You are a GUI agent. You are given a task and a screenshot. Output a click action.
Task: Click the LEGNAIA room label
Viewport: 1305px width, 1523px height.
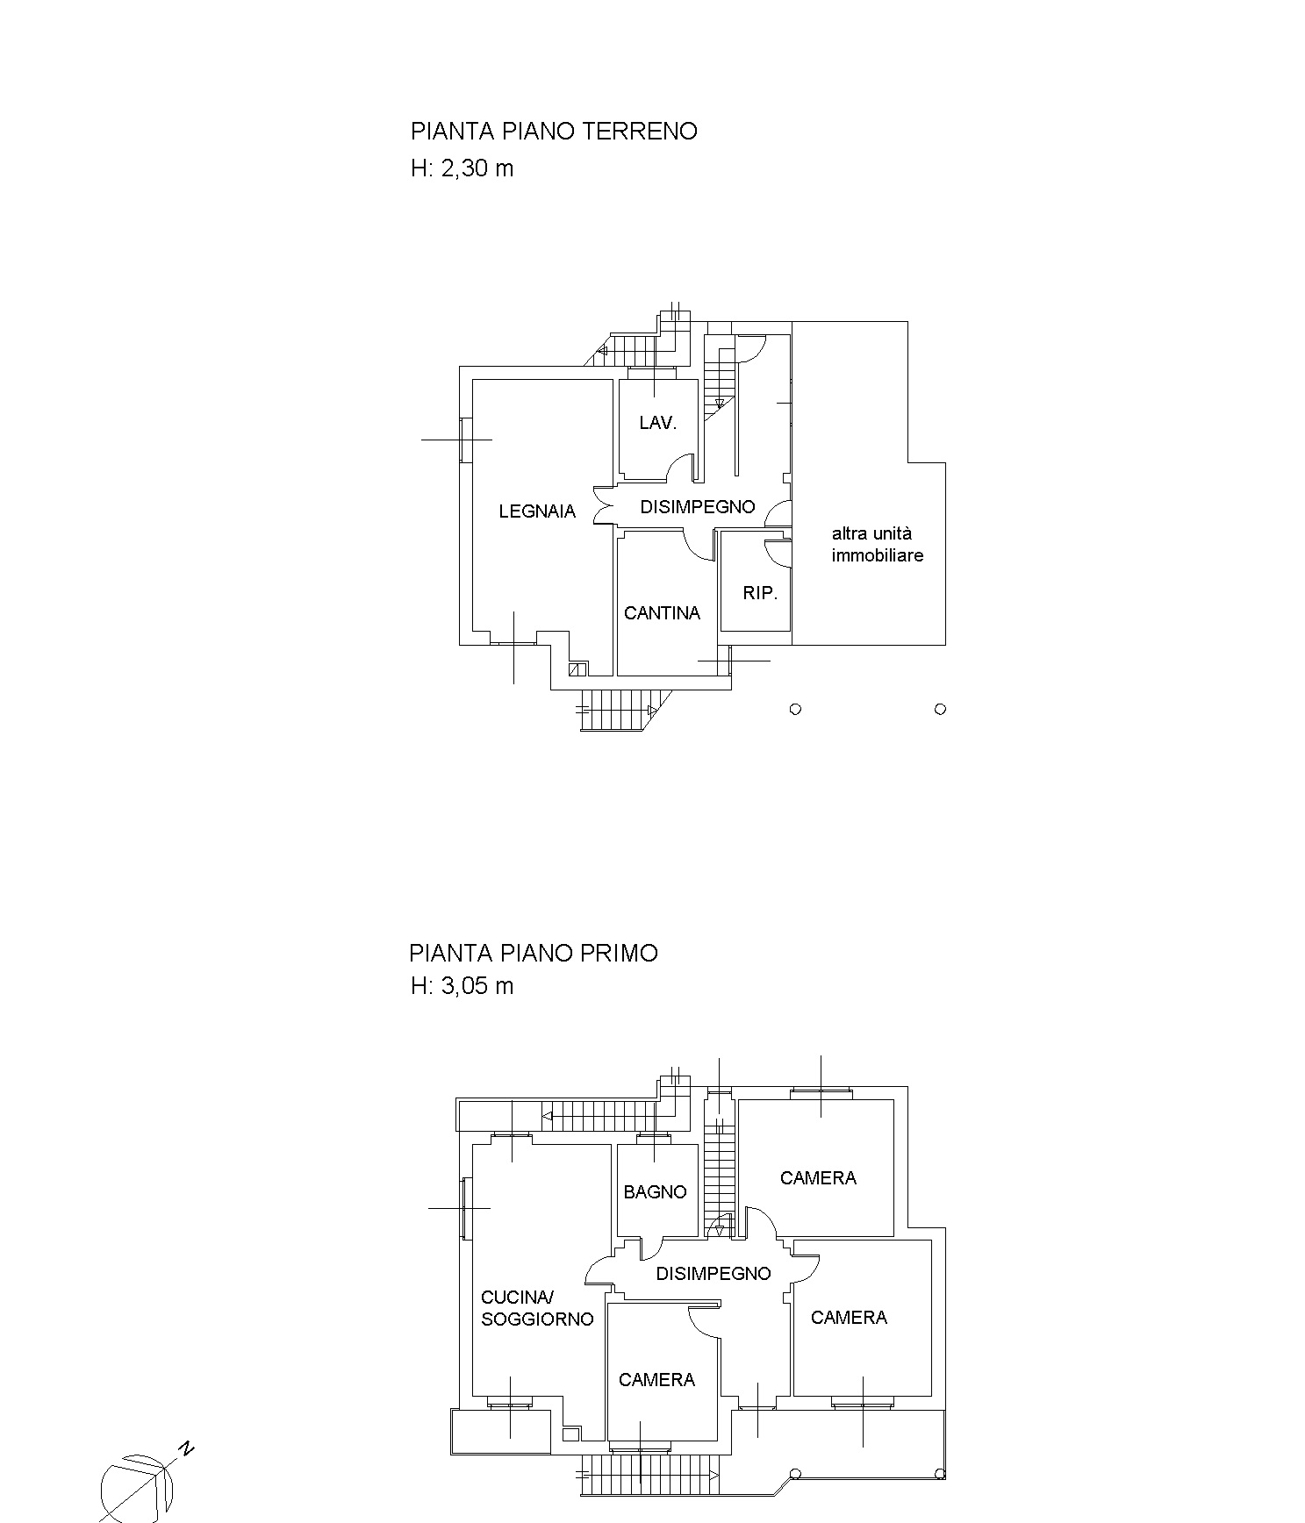pyautogui.click(x=537, y=511)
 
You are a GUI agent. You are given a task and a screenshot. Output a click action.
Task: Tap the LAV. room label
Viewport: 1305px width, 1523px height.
pyautogui.click(x=658, y=423)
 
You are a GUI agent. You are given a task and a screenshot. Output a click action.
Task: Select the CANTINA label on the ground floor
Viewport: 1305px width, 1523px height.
pyautogui.click(x=663, y=613)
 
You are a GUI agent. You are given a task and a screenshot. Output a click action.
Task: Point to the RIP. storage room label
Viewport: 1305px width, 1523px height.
pyautogui.click(x=760, y=593)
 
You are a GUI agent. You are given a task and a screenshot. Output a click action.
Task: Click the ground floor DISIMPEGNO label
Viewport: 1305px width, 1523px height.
pyautogui.click(x=698, y=507)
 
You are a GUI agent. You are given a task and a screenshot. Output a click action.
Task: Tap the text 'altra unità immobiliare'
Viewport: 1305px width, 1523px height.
pyautogui.click(x=878, y=544)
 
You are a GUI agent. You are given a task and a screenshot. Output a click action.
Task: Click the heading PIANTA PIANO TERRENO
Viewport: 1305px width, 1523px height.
pyautogui.click(x=554, y=132)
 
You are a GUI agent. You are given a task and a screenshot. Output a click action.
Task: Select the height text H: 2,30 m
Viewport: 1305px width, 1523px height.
pyautogui.click(x=462, y=168)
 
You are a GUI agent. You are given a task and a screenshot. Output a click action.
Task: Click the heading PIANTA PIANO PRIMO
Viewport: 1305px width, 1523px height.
pyautogui.click(x=534, y=954)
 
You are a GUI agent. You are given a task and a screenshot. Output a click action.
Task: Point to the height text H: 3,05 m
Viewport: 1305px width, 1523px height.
pyautogui.click(x=462, y=986)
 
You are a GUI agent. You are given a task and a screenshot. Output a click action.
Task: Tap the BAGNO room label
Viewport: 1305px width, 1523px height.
pyautogui.click(x=656, y=1192)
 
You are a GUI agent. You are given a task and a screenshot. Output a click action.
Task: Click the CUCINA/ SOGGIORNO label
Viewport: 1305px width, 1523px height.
pyautogui.click(x=537, y=1308)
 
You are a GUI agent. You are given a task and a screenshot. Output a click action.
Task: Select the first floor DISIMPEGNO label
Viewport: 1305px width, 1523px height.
pyautogui.click(x=713, y=1274)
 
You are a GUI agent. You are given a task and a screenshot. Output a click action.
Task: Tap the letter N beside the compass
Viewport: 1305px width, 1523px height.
pyautogui.click(x=187, y=1448)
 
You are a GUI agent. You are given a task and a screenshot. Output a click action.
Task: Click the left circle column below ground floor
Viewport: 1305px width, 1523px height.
pyautogui.click(x=795, y=709)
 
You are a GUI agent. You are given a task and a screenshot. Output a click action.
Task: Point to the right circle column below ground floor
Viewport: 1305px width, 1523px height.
pyautogui.click(x=940, y=709)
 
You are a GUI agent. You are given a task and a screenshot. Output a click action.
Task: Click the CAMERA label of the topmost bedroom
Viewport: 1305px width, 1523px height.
pyautogui.click(x=818, y=1178)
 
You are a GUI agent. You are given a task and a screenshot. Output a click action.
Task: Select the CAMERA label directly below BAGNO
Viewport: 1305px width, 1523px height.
pyautogui.click(x=656, y=1380)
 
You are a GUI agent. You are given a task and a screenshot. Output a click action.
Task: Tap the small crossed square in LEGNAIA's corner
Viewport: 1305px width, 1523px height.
pyautogui.click(x=577, y=669)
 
